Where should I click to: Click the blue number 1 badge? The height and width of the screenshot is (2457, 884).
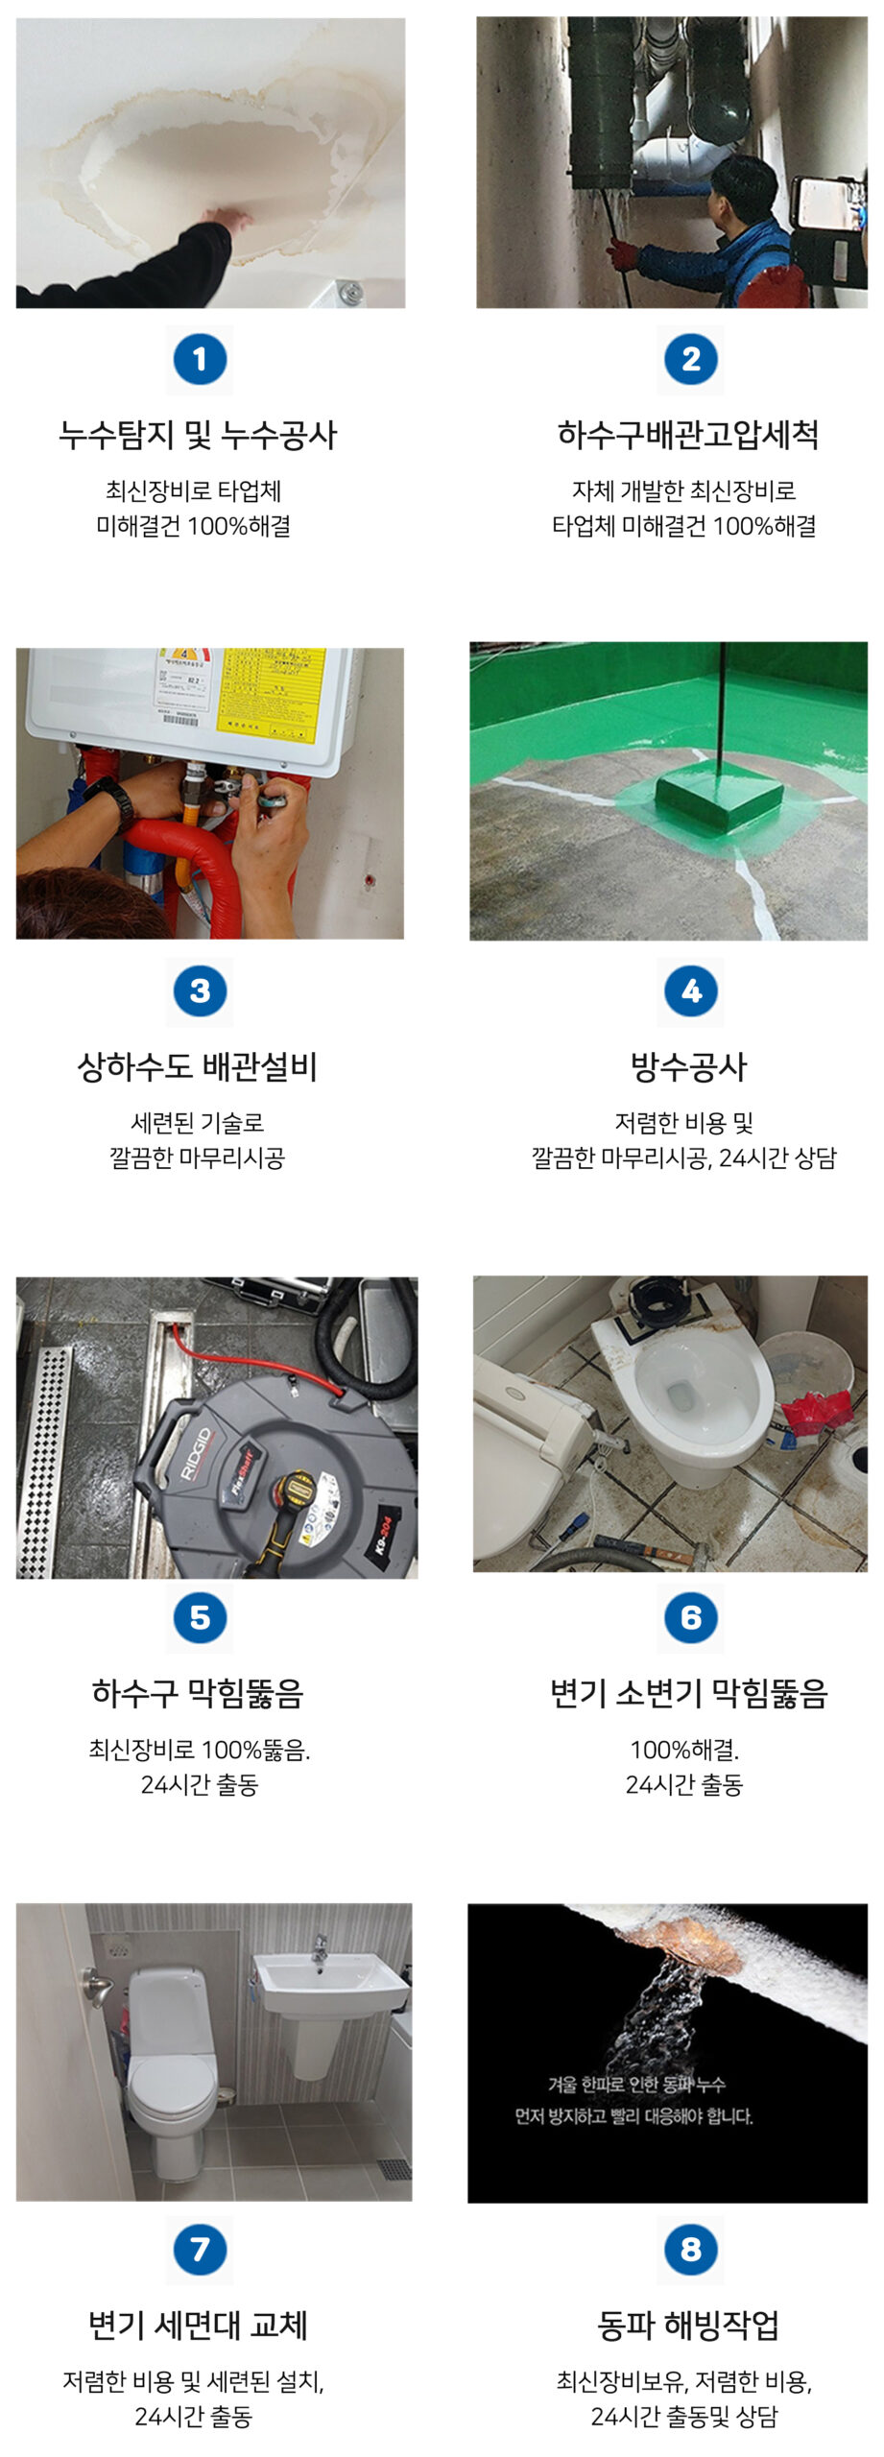click(200, 360)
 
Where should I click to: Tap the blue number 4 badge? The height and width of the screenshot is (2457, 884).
click(690, 991)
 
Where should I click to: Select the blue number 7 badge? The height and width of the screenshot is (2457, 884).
click(200, 2249)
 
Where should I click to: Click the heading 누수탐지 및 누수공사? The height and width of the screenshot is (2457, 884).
click(198, 436)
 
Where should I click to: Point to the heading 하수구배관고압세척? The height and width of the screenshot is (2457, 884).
click(688, 436)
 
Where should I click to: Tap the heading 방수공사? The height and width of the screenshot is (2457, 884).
click(688, 1067)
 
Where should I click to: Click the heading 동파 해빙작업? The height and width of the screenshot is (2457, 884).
click(688, 2325)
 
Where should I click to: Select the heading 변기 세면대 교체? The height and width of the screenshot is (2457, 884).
click(198, 2325)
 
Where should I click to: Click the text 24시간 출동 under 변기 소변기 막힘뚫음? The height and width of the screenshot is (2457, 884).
click(683, 1784)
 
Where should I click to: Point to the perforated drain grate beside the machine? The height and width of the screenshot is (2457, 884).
click(45, 1459)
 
